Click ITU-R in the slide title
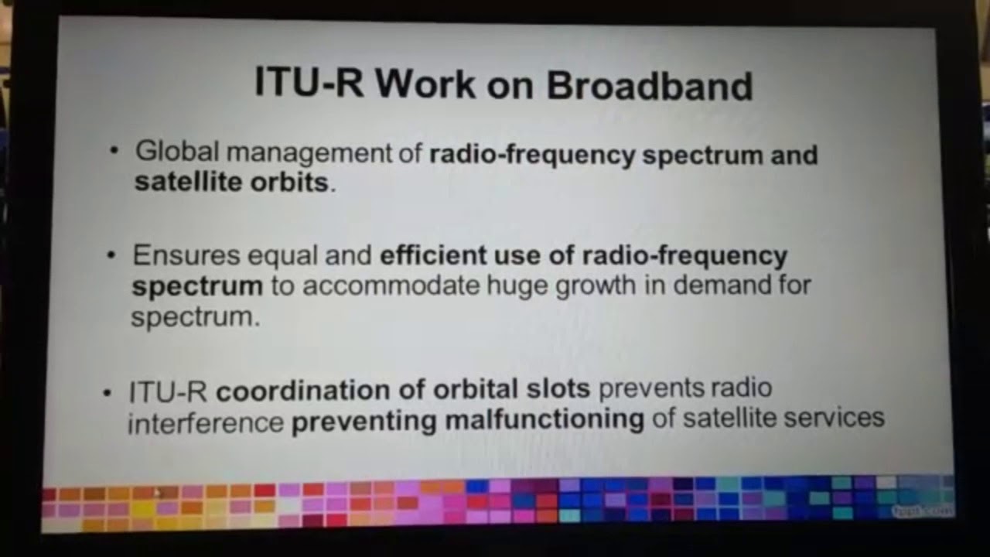click(309, 83)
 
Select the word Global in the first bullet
click(177, 152)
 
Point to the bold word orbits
click(289, 183)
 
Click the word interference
click(206, 423)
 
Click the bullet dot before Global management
click(114, 150)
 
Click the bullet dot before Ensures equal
click(112, 254)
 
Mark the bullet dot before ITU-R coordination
click(108, 391)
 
